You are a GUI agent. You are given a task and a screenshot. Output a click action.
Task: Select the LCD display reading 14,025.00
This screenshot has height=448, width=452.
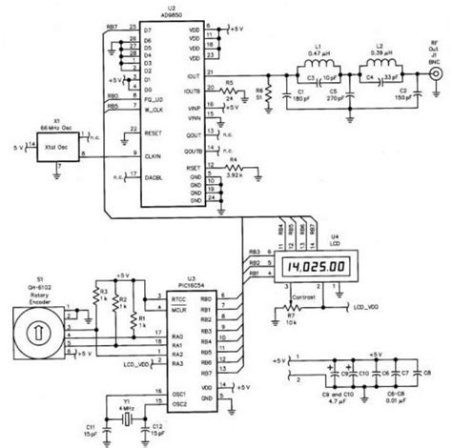click(313, 271)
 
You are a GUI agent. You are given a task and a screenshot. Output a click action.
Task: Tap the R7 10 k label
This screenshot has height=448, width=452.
click(280, 321)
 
